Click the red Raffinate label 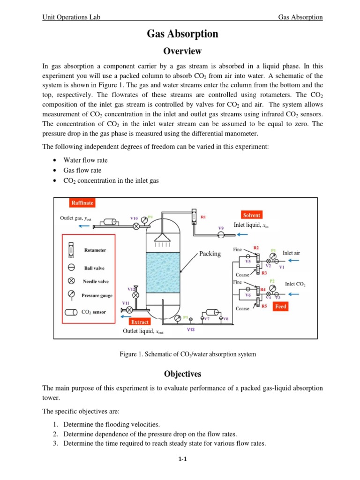(x=82, y=203)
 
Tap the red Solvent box (x=251, y=215)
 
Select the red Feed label (x=281, y=307)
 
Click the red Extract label (x=140, y=322)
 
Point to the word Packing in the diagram (x=210, y=254)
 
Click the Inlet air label (x=291, y=253)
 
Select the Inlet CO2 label (x=295, y=284)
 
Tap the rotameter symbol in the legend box (x=71, y=251)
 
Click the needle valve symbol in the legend (x=71, y=282)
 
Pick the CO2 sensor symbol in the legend (x=71, y=312)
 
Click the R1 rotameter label (x=203, y=217)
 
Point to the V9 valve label (x=221, y=228)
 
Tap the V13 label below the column (x=191, y=330)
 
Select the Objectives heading (x=182, y=374)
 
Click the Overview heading (x=182, y=51)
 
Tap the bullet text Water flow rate (x=85, y=160)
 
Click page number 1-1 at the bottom (x=182, y=459)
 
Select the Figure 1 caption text (x=188, y=354)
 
